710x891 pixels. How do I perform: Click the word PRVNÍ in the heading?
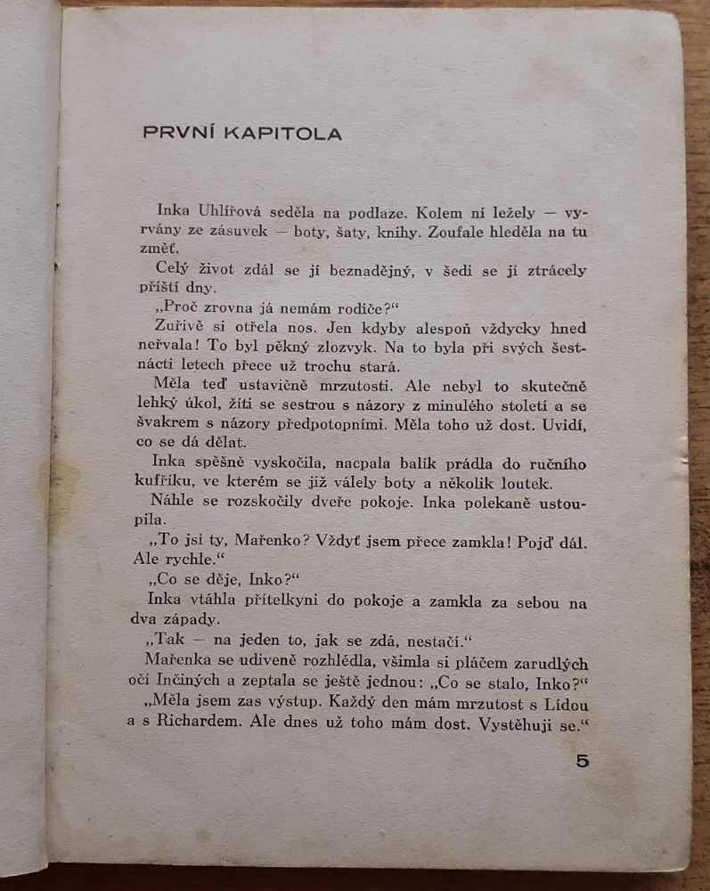click(x=175, y=134)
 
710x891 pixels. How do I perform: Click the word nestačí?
click(x=412, y=639)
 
